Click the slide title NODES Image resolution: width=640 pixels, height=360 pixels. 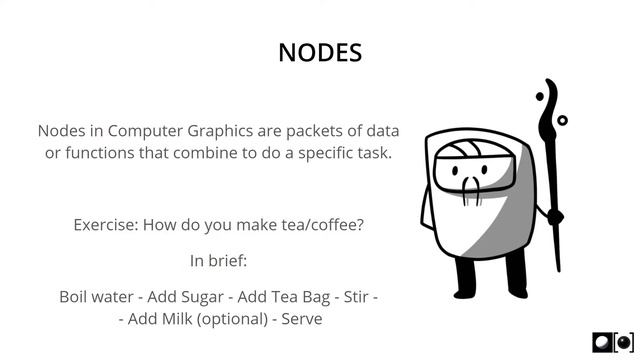tap(320, 52)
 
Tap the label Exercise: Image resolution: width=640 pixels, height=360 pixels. tap(105, 224)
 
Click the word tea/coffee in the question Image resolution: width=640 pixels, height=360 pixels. tap(320, 224)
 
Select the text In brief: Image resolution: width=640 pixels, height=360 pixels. tap(218, 261)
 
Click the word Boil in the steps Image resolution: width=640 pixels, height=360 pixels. tap(76, 297)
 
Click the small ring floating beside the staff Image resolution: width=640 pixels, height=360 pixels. tap(562, 120)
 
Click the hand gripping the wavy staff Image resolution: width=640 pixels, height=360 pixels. tap(552, 213)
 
